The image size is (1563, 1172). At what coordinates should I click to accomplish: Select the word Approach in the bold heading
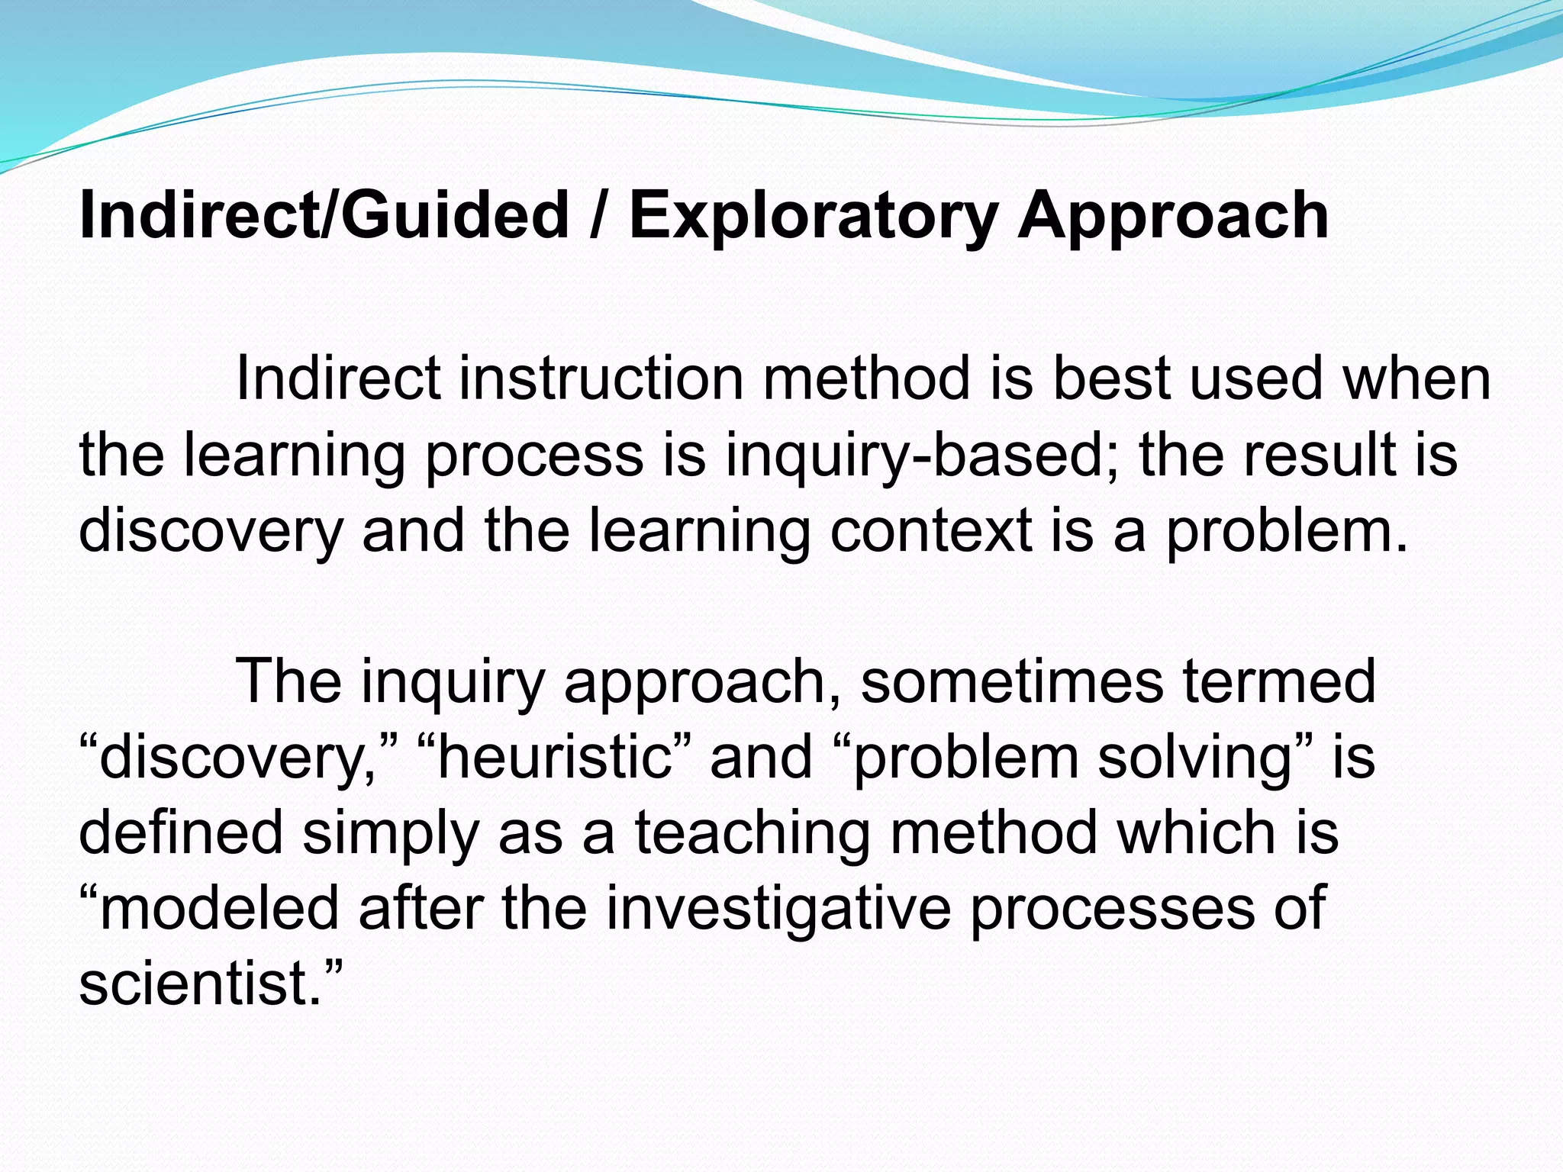(x=1173, y=217)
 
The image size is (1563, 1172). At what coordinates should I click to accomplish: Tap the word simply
(x=390, y=832)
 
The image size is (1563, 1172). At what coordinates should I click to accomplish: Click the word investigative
(x=778, y=908)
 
